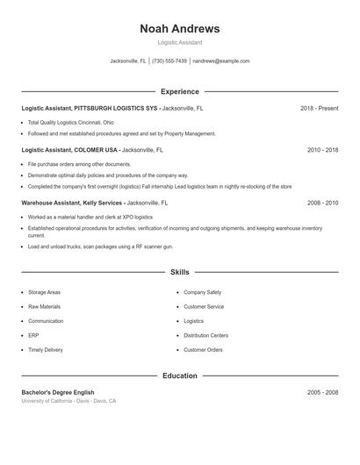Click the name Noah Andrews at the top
[x=179, y=29]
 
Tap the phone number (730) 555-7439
[x=169, y=61]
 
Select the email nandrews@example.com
[x=221, y=61]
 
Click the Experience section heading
[x=179, y=91]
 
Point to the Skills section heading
[x=179, y=273]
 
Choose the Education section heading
[x=179, y=376]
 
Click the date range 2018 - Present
[x=319, y=108]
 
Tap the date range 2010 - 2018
[x=322, y=150]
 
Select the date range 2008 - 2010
[x=322, y=203]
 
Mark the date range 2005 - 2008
[x=322, y=392]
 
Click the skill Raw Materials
[x=45, y=307]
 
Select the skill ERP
[x=33, y=335]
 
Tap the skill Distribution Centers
[x=205, y=335]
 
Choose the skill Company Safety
[x=202, y=292]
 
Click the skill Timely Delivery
[x=46, y=350]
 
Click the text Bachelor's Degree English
[x=58, y=392]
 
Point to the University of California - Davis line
[x=68, y=401]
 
